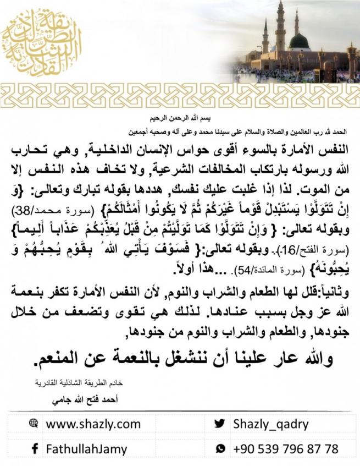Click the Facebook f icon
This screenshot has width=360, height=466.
(35, 449)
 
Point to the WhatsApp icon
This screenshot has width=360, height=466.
(220, 449)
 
